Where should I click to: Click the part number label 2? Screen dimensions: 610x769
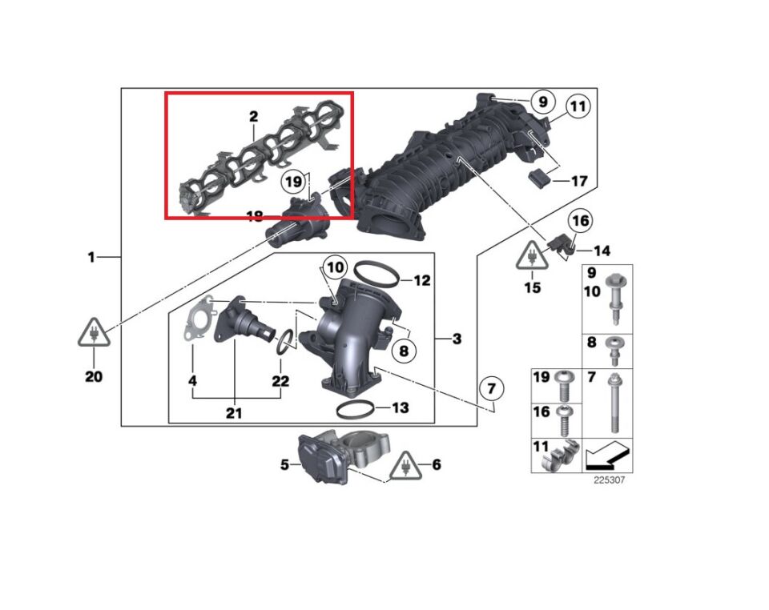point(253,117)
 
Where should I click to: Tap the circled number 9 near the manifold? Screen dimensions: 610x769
point(542,102)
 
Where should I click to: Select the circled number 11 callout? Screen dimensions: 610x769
point(578,106)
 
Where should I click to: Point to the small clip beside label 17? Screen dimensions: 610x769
point(540,178)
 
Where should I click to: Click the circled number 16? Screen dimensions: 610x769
point(581,220)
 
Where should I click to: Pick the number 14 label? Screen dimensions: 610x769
point(602,251)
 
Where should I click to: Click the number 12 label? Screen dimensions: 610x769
point(422,280)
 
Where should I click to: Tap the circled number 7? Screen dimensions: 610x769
point(493,390)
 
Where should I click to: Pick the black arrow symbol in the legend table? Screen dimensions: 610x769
point(606,457)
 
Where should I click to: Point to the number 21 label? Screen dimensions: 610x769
point(233,413)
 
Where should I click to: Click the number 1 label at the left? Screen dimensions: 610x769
point(91,258)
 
